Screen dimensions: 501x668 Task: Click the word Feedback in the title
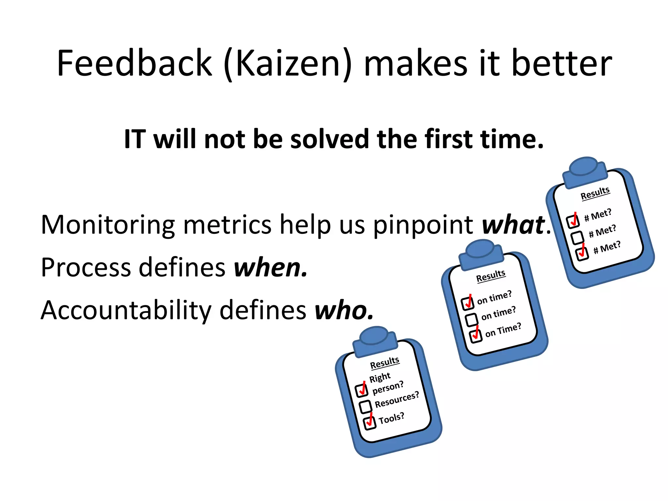click(x=134, y=63)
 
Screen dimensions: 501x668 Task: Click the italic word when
click(x=270, y=268)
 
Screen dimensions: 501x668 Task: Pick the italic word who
click(x=343, y=310)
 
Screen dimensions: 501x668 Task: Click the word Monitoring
click(x=108, y=225)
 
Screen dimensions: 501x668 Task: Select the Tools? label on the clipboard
click(x=391, y=418)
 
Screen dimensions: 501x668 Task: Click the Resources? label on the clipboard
click(x=397, y=400)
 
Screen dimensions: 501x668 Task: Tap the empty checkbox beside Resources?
click(x=365, y=406)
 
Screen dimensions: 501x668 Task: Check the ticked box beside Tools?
click(x=370, y=423)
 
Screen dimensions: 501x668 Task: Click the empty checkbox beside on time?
click(x=471, y=320)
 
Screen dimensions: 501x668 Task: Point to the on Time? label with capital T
click(x=503, y=330)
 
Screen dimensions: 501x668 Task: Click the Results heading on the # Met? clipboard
click(x=595, y=193)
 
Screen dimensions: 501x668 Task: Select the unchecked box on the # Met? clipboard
click(x=577, y=237)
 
